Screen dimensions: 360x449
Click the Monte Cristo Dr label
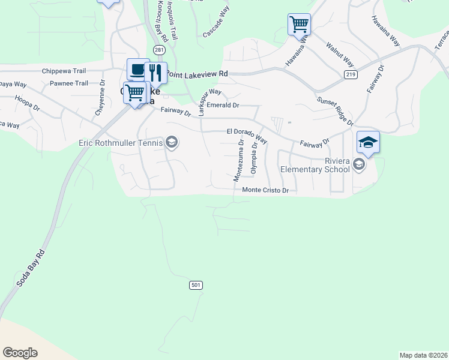pos(266,190)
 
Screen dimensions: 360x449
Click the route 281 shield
pos(158,50)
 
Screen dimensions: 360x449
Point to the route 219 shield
pos(351,74)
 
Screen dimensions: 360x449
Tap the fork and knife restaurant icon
pos(156,72)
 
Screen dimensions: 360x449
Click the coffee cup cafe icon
pos(138,69)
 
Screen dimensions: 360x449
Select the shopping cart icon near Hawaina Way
pos(299,25)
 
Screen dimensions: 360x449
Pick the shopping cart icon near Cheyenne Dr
pos(136,92)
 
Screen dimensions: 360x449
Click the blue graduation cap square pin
pos(368,142)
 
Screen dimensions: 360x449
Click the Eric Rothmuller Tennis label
pos(121,143)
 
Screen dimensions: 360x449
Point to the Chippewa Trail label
pos(65,71)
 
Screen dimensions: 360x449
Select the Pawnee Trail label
pos(69,83)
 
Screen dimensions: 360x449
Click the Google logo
pos(20,353)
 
